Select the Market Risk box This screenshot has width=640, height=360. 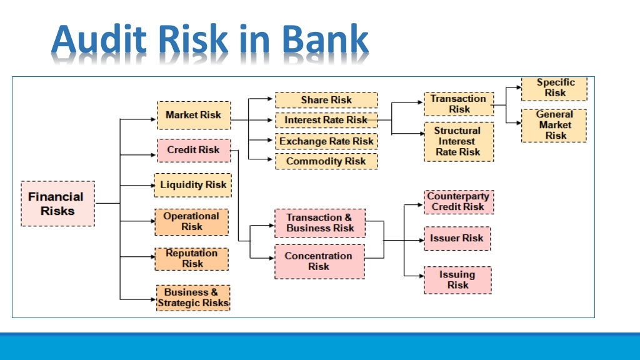click(193, 116)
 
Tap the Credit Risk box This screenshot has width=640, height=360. click(193, 151)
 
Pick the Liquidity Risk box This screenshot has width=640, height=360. click(193, 185)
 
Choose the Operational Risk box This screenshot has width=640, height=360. click(191, 222)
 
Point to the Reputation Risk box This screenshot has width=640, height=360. click(192, 259)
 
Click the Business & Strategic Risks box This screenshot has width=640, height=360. click(193, 298)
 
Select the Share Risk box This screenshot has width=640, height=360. click(326, 100)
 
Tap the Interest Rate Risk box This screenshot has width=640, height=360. click(326, 120)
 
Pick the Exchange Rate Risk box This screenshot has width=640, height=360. click(326, 141)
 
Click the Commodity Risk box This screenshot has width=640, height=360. click(326, 161)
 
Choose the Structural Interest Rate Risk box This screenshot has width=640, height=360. click(458, 141)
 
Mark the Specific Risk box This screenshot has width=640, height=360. click(554, 88)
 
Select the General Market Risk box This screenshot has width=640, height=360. click(554, 126)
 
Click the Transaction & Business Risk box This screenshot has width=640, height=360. click(319, 223)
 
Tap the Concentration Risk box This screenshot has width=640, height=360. click(319, 261)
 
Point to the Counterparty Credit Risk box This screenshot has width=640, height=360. click(458, 202)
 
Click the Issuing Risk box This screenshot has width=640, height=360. click(457, 280)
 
